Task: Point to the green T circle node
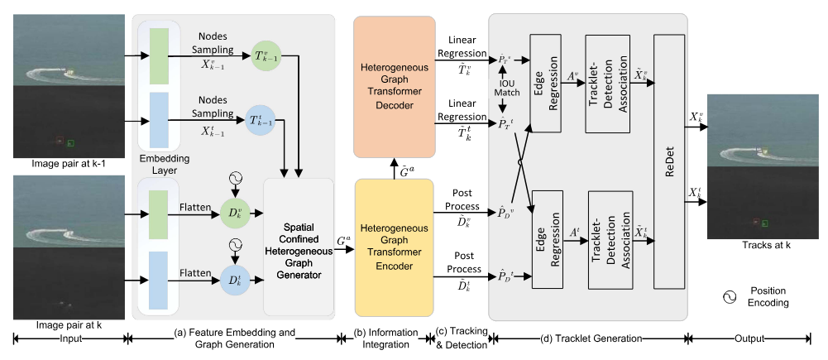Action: tap(261, 57)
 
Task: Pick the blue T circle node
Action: tap(261, 121)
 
